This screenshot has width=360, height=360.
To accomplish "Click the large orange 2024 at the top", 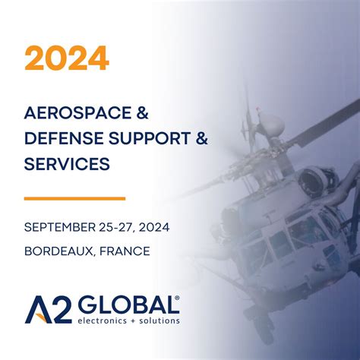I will point(67,58).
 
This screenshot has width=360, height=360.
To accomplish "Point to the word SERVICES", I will point(67,163).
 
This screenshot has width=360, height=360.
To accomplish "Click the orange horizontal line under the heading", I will point(74,198).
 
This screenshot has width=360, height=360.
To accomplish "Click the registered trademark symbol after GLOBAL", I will point(177,298).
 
